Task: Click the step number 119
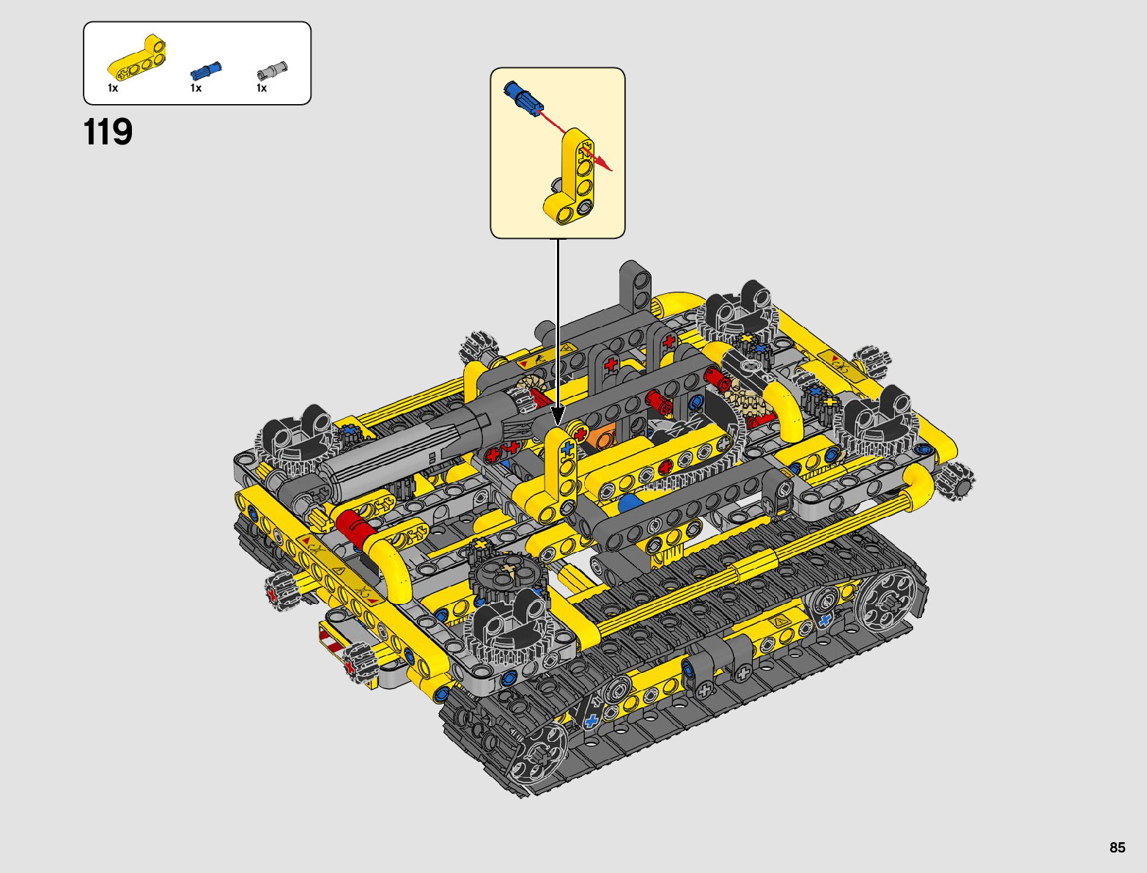pyautogui.click(x=108, y=132)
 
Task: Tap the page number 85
pyautogui.click(x=1117, y=847)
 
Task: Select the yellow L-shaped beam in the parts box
pyautogui.click(x=137, y=59)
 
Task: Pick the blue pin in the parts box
pyautogui.click(x=206, y=70)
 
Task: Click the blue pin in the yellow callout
pyautogui.click(x=520, y=97)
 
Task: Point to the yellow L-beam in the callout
pyautogui.click(x=571, y=177)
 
